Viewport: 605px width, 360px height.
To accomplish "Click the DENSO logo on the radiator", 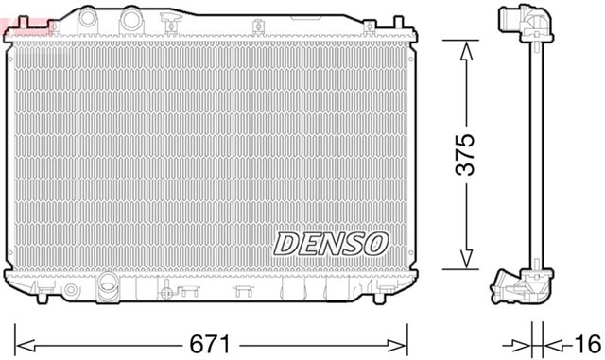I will click(331, 242).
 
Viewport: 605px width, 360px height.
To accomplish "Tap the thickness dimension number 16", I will click(585, 343).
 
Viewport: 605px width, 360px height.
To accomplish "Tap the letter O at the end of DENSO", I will click(375, 242).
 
